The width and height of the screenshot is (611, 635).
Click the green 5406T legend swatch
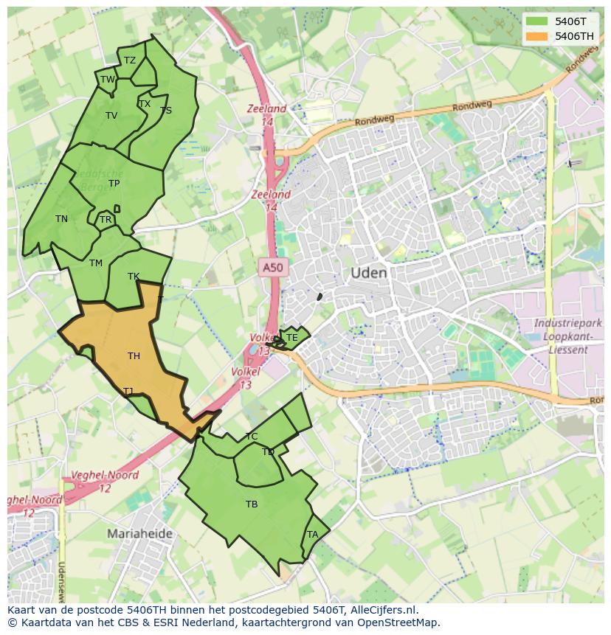click(x=536, y=21)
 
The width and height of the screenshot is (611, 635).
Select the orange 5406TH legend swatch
click(x=536, y=36)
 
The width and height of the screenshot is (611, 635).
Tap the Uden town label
click(x=368, y=273)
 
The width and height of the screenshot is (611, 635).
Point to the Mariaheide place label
click(x=139, y=533)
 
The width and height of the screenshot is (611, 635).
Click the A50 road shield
click(x=272, y=268)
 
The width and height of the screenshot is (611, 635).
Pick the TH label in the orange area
click(x=134, y=356)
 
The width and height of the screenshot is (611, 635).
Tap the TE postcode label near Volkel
click(x=291, y=338)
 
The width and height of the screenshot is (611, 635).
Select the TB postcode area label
click(x=252, y=504)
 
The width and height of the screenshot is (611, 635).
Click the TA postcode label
click(x=312, y=535)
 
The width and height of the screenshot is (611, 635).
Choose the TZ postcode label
click(x=130, y=60)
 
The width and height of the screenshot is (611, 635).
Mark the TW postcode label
click(x=108, y=80)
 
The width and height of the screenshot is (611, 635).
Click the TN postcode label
click(x=61, y=219)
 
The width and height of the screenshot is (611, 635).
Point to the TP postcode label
click(x=114, y=184)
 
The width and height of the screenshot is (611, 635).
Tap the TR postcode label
click(x=106, y=220)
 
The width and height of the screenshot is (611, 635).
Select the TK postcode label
click(x=134, y=277)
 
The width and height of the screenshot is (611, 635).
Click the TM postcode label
click(x=96, y=263)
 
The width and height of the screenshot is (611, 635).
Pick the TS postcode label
click(x=166, y=111)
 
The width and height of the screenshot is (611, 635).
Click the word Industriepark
click(x=567, y=324)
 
